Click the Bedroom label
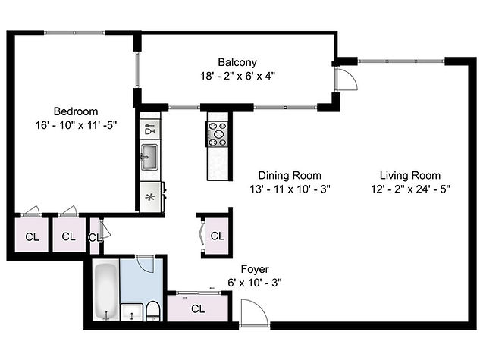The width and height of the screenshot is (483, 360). [76, 111]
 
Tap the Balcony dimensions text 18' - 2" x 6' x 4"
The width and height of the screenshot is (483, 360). [237, 76]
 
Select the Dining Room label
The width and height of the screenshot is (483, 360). [290, 176]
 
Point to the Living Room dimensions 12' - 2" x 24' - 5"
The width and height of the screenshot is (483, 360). [410, 189]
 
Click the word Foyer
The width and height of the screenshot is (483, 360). [255, 269]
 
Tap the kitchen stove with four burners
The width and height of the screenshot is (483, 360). [217, 134]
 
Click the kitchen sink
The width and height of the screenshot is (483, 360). [149, 158]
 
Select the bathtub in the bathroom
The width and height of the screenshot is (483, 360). [106, 290]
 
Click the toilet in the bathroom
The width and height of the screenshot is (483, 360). [152, 311]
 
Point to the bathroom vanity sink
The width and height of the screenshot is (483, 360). [132, 312]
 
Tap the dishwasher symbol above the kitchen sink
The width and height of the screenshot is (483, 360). [150, 129]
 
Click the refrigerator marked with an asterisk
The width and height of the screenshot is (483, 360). [150, 197]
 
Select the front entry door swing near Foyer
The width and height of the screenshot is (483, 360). [254, 311]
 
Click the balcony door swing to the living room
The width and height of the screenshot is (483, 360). [347, 79]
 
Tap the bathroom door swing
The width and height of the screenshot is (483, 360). [145, 264]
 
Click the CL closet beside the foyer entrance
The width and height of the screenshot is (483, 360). [198, 308]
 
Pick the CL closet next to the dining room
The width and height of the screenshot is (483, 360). [217, 236]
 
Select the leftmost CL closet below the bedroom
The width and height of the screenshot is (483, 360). [32, 236]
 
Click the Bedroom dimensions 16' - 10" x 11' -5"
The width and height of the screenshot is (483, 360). [76, 125]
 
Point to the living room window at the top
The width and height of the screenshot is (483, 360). [401, 61]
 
